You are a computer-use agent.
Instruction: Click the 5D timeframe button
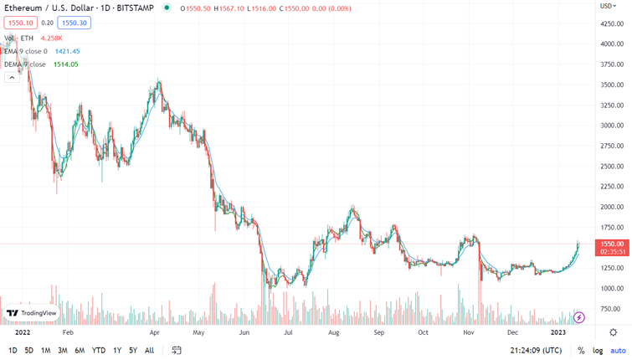tap(28, 351)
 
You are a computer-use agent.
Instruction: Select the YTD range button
tap(98, 351)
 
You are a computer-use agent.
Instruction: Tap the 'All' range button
tap(149, 351)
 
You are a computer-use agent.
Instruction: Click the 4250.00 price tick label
tap(611, 23)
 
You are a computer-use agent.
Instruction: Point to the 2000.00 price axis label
tap(611, 207)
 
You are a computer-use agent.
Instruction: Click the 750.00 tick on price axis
tap(611, 309)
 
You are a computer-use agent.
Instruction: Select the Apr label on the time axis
tap(154, 332)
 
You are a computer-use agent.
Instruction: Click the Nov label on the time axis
tap(468, 332)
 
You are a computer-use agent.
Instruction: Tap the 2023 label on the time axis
tap(558, 332)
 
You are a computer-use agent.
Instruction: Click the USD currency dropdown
tap(608, 7)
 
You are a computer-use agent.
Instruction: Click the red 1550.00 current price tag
tap(611, 244)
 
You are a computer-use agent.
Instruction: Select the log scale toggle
tap(598, 351)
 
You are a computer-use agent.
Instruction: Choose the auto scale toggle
tap(618, 351)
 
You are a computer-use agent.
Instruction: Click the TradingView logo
tap(31, 313)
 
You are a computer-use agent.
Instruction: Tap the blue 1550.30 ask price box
tap(75, 23)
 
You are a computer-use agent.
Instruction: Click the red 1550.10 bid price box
tap(20, 23)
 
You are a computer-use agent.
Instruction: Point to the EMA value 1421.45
tap(67, 51)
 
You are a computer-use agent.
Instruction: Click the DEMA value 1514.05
tap(65, 64)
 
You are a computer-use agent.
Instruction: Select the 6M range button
tap(80, 351)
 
